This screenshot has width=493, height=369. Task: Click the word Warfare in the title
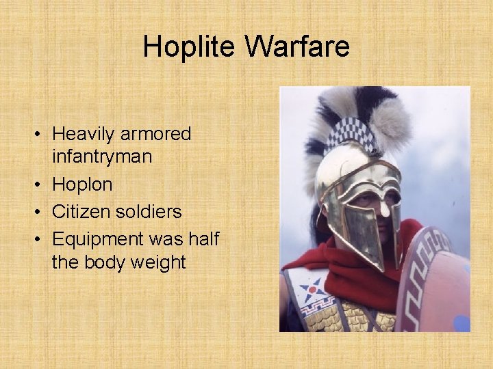tap(296, 47)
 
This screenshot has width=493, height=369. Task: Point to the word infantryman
tap(102, 156)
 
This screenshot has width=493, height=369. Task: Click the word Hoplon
tap(82, 184)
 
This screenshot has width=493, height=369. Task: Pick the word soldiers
tap(149, 212)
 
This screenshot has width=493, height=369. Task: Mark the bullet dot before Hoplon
tap(41, 185)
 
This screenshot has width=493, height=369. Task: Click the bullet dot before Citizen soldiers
tap(41, 213)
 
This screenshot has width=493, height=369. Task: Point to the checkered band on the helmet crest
tap(351, 134)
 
